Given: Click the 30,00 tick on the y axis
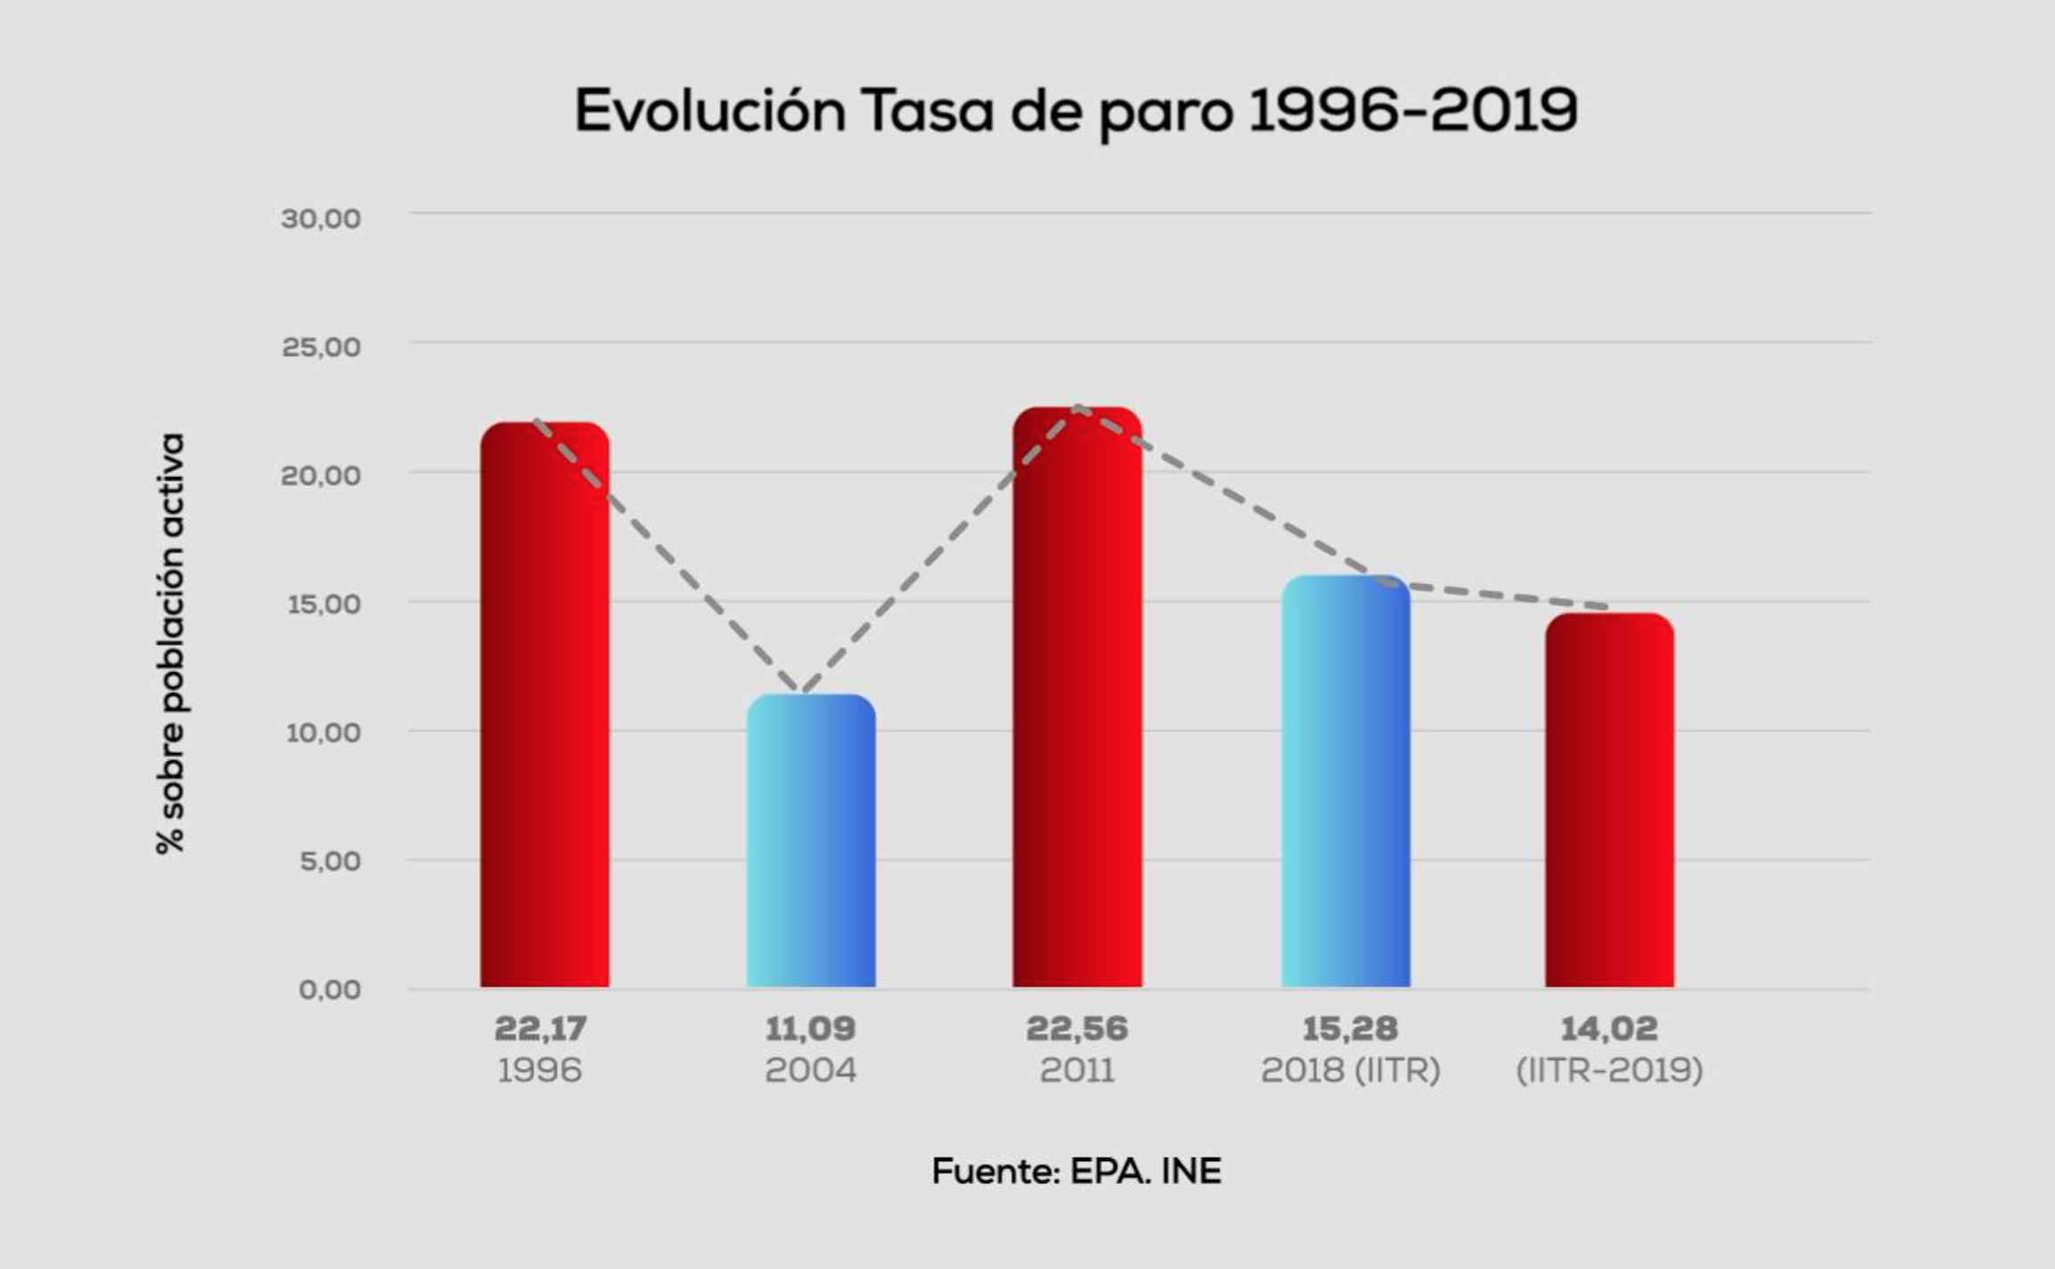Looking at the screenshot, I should [321, 218].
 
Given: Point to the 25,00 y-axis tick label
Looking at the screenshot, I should [321, 347].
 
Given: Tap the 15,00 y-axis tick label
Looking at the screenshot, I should [323, 604].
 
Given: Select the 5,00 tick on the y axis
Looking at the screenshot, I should [330, 861].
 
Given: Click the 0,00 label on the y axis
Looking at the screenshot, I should [330, 990].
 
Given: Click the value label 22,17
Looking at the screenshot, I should [541, 1029].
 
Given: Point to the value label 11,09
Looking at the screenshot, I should [810, 1029].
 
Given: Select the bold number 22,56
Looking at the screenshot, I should [1077, 1029].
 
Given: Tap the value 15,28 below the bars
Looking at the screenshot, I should [1349, 1029].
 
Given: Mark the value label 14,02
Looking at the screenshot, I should [1609, 1029].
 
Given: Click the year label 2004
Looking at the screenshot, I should [810, 1070].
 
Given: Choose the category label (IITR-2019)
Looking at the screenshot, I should [1609, 1070].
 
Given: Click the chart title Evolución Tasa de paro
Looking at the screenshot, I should [1076, 111].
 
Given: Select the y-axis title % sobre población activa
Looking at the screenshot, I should [170, 644].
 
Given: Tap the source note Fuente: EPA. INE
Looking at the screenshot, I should [1076, 1171].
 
